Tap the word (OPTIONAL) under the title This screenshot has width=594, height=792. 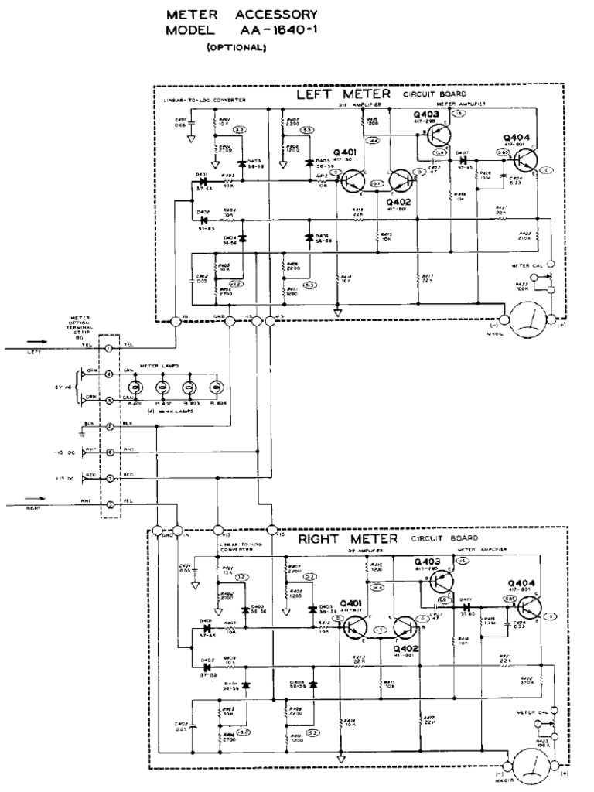click(237, 48)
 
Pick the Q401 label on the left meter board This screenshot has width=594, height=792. click(346, 151)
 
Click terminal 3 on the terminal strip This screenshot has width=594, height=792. click(109, 504)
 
